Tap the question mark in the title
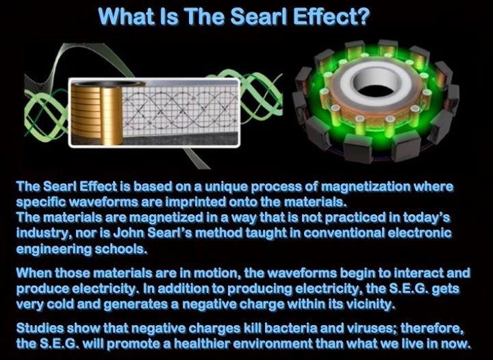pyautogui.click(x=362, y=16)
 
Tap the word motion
pyautogui.click(x=216, y=273)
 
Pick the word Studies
pyautogui.click(x=40, y=329)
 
